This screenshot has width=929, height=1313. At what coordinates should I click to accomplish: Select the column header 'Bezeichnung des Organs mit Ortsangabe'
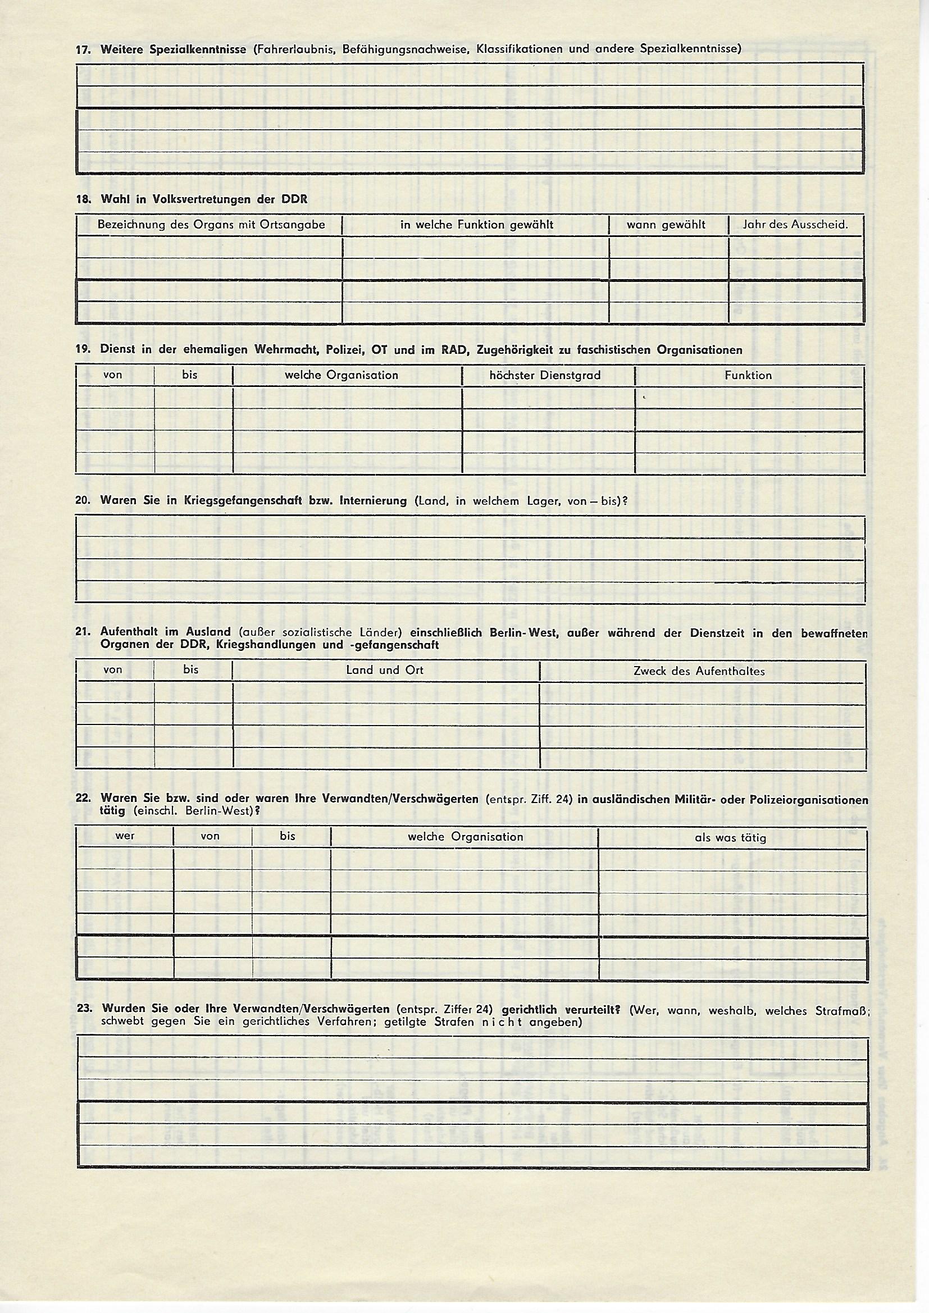point(211,225)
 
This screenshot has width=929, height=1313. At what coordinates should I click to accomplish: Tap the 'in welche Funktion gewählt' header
point(476,225)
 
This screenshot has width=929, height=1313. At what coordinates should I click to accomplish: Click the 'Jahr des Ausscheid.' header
point(795,225)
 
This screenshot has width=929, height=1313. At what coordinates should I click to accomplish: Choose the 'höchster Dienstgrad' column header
point(545,376)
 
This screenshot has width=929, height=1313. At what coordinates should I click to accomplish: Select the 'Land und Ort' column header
point(384,670)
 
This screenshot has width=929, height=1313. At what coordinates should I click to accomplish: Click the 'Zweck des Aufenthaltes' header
point(699,671)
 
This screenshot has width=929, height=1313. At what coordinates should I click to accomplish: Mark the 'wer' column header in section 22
point(125,836)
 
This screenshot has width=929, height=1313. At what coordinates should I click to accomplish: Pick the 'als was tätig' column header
point(731,838)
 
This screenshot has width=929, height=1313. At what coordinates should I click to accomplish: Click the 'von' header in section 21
point(113,670)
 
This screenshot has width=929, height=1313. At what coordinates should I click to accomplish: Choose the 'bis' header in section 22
point(288,836)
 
